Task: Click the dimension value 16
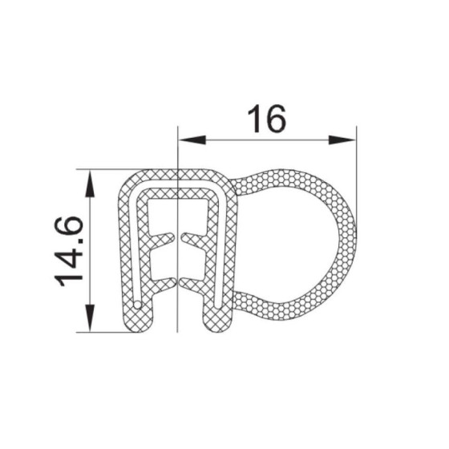point(265,119)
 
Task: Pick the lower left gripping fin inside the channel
point(162,281)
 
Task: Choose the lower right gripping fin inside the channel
point(192,281)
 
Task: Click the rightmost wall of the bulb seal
point(350,241)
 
